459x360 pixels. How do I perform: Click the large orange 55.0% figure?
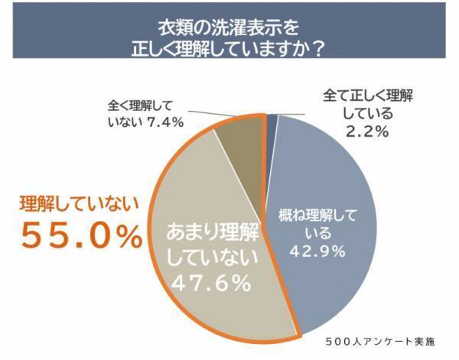(81, 236)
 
